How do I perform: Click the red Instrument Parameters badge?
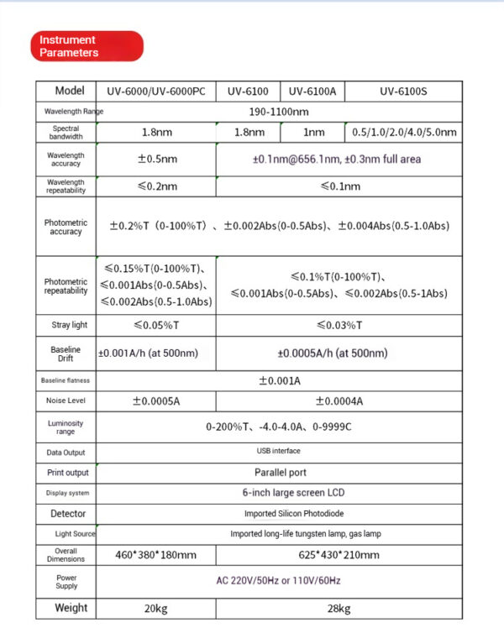pos(88,46)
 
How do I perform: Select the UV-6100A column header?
pos(312,92)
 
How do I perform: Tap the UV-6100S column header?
pos(403,92)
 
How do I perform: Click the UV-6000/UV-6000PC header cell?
pos(156,92)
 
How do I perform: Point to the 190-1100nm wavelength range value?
pos(279,112)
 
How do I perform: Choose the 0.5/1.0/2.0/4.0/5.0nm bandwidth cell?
pos(404,133)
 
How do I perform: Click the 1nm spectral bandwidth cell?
pos(313,133)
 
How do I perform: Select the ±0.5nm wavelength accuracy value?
pos(157,159)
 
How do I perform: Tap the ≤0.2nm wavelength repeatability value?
pos(156,186)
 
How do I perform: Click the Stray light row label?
pos(66,325)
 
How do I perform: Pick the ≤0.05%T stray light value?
pos(156,325)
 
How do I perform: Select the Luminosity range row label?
pos(66,427)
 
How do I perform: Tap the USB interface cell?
pos(279,451)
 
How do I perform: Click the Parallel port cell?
pos(279,473)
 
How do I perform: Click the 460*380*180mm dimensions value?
pos(156,555)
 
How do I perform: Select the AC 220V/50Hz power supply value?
pos(279,581)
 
